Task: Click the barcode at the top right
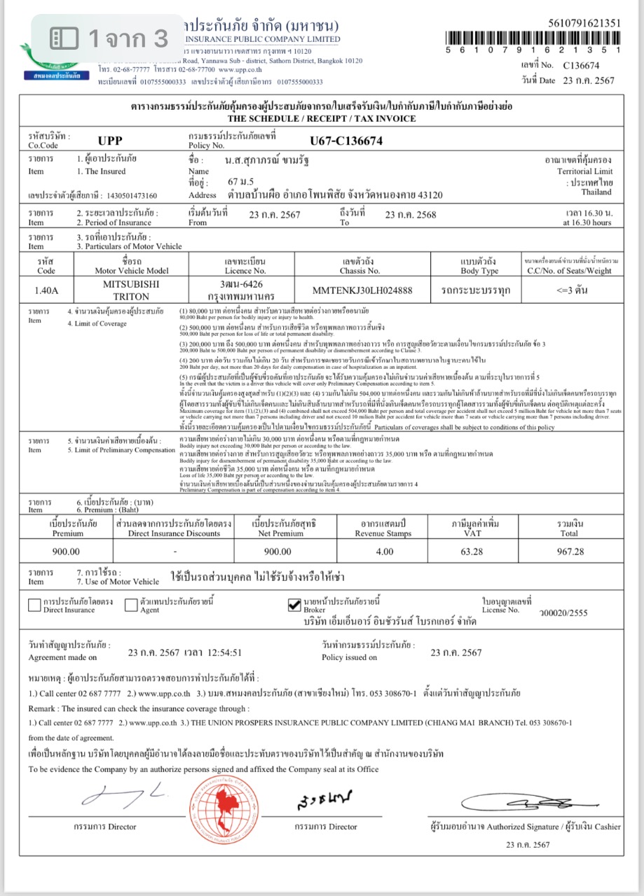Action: click(x=533, y=38)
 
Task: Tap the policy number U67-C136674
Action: click(x=346, y=141)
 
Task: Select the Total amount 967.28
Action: click(x=567, y=552)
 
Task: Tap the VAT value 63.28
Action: click(x=465, y=552)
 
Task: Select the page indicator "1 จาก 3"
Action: click(x=111, y=38)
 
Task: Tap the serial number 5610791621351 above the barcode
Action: click(x=576, y=23)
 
